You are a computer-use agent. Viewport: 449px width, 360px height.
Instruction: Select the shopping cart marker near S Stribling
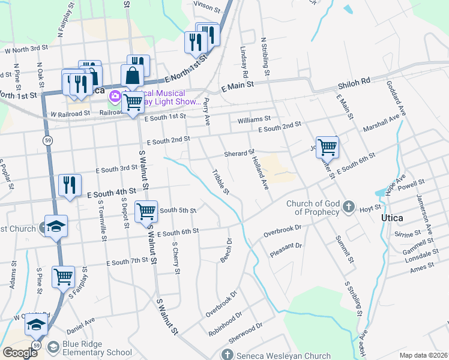tap(327, 147)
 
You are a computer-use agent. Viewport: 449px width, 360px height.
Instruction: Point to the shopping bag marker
tap(133, 76)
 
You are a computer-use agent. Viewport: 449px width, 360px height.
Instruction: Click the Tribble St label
tap(220, 182)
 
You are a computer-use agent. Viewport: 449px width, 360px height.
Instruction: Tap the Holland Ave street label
tap(259, 172)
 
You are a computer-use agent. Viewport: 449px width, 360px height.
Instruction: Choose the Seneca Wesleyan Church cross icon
tap(227, 355)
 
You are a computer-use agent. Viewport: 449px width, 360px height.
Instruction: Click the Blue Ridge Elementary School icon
tap(53, 347)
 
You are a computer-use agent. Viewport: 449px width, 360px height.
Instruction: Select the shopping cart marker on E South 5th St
tap(146, 211)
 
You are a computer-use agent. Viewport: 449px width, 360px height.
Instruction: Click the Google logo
tap(20, 353)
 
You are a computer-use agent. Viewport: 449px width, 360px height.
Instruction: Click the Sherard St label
tap(240, 153)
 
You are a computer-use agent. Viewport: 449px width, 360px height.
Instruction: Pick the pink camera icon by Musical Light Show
tap(113, 96)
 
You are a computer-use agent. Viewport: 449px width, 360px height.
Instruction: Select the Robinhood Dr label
tap(224, 322)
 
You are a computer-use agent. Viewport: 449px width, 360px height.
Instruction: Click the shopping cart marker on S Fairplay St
tap(63, 277)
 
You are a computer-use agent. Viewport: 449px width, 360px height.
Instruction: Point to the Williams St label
tap(254, 120)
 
